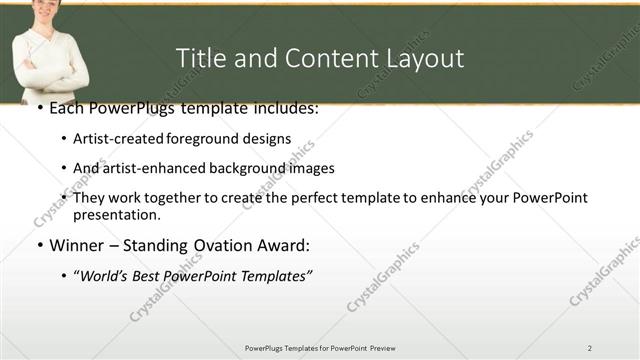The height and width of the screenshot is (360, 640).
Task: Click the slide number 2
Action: tap(590, 348)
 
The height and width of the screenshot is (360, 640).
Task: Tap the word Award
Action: tap(284, 245)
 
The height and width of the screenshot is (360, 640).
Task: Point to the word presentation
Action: tap(115, 214)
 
